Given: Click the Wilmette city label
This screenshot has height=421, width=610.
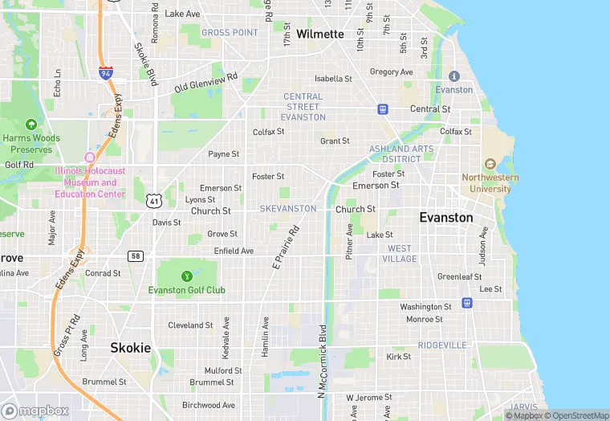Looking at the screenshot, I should coord(319,34).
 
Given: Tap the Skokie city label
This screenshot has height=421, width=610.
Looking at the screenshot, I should coord(130,348).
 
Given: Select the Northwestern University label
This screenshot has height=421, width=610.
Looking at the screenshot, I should coord(490,183).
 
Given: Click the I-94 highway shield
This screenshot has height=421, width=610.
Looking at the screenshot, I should coord(106,73).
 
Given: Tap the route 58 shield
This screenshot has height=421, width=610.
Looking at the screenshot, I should coord(135,255).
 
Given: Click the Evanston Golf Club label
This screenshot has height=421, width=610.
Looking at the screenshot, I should coord(187,289).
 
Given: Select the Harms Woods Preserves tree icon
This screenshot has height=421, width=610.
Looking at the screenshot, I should coord(31,125).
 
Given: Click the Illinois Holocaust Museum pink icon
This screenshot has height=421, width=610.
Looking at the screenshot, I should coord(90,157).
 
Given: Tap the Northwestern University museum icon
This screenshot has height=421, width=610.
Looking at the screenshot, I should coord(490,164).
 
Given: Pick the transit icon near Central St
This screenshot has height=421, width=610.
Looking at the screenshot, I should coord(383,109).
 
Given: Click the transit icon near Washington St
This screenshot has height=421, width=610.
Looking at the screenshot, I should coord(466,303).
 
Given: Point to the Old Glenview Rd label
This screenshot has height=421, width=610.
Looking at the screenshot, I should coord(206,81).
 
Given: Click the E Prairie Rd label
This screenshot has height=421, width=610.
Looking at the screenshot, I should coord(285,247).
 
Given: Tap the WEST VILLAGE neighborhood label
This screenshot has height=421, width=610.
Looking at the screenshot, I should coord(400,254).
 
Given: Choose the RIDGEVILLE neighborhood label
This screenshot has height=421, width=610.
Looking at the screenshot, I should coord(441,345).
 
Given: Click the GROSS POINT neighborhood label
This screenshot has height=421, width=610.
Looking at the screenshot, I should coord(230,32).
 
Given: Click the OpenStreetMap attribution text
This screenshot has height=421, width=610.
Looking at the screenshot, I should coord(576,415).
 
